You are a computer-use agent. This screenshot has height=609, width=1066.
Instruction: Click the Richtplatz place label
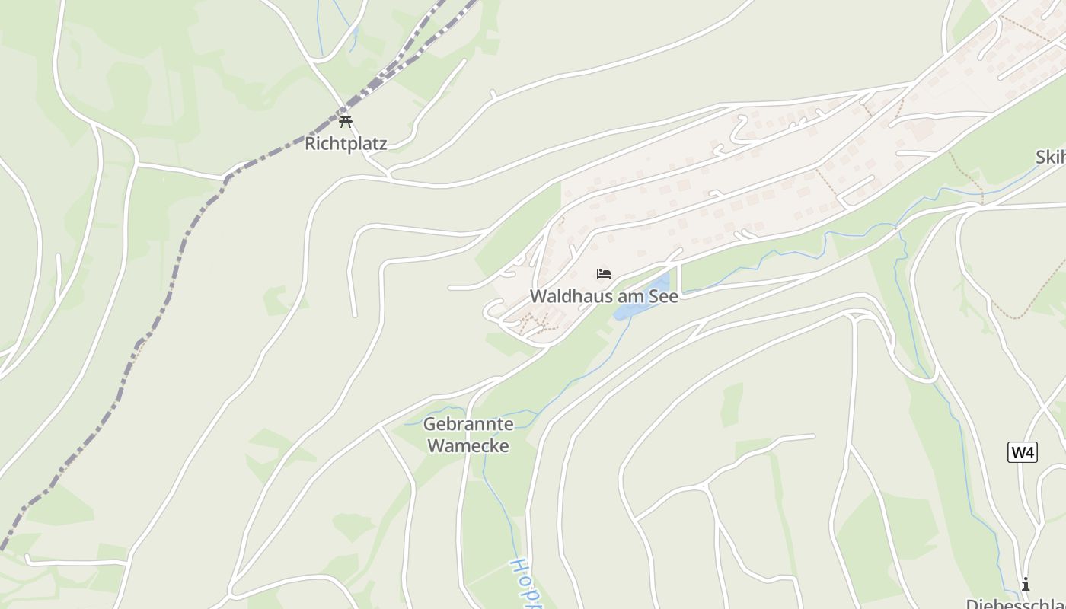click(346, 143)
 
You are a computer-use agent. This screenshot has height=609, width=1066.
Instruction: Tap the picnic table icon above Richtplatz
click(346, 121)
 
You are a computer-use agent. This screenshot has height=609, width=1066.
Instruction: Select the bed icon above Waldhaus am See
click(604, 274)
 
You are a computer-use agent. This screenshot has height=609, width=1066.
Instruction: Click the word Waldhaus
click(565, 296)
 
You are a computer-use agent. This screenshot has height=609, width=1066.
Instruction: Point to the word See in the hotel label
click(662, 296)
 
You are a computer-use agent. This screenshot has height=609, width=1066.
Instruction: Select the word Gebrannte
click(468, 424)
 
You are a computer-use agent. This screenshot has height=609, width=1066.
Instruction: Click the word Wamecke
click(468, 445)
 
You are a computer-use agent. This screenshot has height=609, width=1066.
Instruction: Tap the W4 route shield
click(1022, 452)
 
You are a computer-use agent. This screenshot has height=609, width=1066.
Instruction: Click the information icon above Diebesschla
click(1026, 584)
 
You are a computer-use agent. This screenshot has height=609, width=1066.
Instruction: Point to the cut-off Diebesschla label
click(1017, 603)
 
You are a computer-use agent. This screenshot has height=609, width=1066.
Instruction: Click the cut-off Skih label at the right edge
click(1050, 158)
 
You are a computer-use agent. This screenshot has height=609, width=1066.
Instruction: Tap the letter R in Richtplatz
click(311, 143)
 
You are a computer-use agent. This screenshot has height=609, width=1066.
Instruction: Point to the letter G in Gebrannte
click(429, 424)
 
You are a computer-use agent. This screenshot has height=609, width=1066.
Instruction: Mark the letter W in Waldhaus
click(538, 296)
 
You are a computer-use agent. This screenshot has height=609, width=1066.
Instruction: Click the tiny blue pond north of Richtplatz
click(353, 34)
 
